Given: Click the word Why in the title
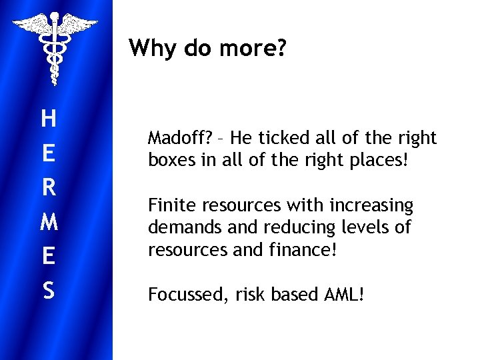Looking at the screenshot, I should [151, 48].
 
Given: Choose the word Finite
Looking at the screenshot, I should [169, 205].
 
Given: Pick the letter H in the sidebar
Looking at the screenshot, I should [48, 119].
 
